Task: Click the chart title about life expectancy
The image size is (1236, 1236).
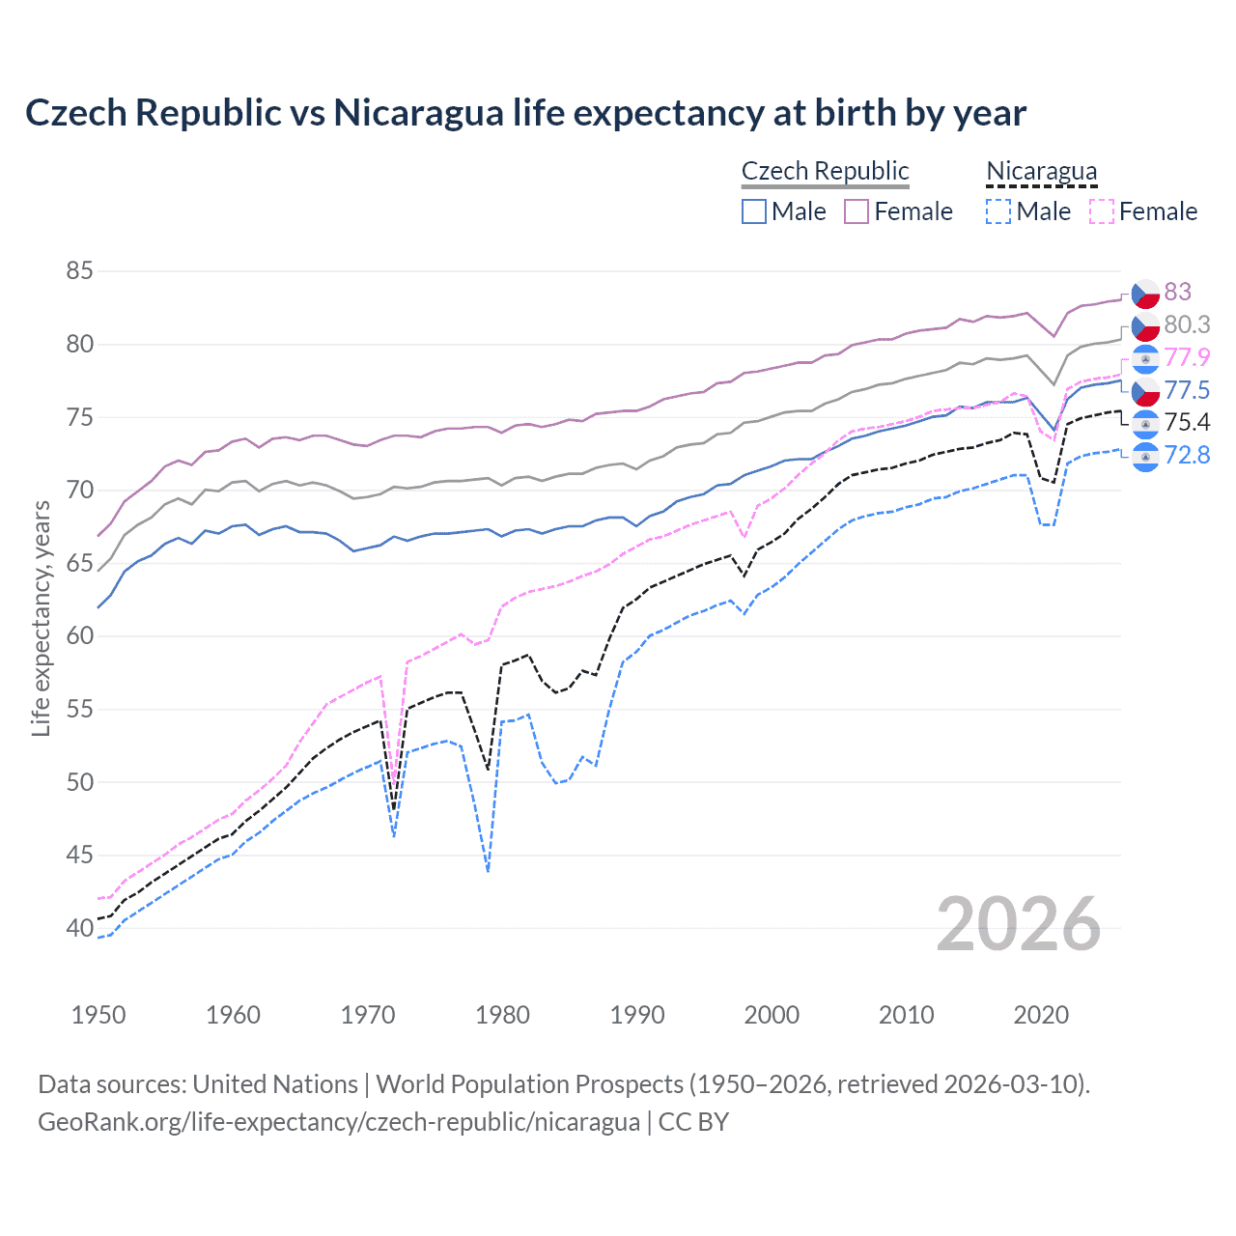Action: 525,113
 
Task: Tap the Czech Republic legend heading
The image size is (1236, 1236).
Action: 825,171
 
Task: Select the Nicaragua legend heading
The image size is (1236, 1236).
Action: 1041,171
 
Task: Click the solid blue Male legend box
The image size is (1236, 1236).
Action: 754,211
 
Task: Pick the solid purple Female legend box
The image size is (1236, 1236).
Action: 857,211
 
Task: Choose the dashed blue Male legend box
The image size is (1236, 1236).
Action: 998,211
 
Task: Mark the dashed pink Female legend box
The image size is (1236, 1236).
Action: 1102,211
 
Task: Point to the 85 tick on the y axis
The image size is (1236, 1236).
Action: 79,271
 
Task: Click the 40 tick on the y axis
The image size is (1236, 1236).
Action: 79,928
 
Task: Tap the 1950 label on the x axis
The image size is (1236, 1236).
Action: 98,1015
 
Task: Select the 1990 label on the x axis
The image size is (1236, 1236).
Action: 637,1015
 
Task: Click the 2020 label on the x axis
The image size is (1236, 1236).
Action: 1041,1015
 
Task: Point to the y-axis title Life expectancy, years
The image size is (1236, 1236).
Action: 41,618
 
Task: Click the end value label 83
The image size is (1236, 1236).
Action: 1177,292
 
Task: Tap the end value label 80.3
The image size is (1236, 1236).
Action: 1186,324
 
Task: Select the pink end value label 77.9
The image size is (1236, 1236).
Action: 1186,357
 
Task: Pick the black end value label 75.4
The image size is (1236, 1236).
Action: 1186,422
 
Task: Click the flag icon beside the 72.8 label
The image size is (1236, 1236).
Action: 1145,456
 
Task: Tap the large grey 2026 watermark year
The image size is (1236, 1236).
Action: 1019,924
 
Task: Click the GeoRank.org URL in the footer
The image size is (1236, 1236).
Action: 339,1122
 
